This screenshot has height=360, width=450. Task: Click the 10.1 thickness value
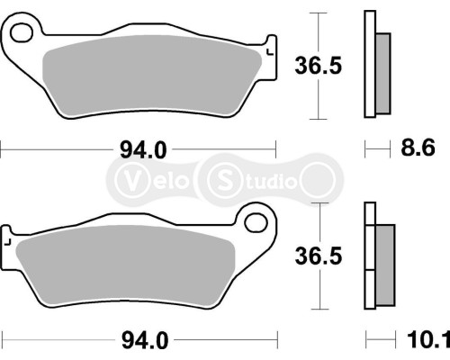point(427,339)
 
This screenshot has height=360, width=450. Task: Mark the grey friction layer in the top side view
point(382,74)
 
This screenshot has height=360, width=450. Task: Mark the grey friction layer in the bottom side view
point(384,265)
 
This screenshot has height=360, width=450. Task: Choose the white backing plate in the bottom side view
point(368,256)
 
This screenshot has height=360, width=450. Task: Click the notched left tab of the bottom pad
point(7,240)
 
